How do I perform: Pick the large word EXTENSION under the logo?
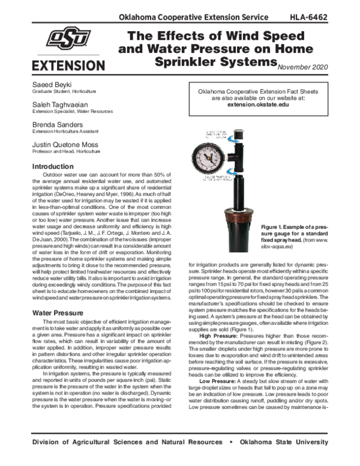click(68, 64)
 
